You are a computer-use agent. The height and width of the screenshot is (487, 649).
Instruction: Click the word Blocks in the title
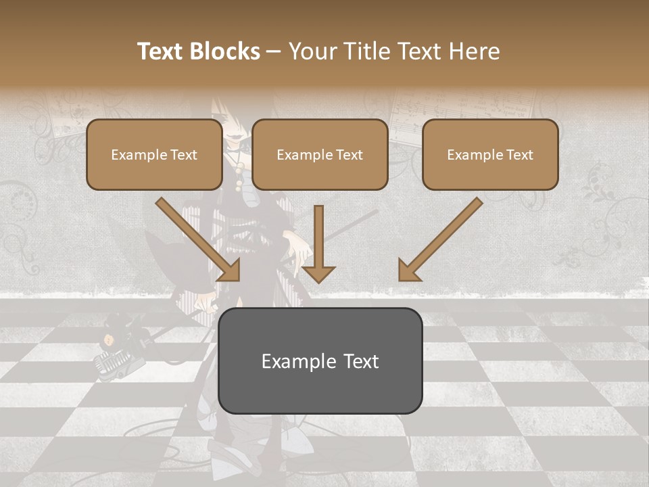(x=226, y=51)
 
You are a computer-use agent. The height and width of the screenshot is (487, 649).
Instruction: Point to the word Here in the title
(x=473, y=51)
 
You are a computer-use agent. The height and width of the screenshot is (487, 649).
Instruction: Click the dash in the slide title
(x=274, y=52)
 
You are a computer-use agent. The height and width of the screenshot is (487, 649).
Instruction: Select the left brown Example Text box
(x=154, y=155)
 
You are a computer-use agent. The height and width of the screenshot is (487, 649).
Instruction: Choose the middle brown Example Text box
(x=320, y=155)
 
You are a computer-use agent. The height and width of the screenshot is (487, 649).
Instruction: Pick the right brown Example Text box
(x=490, y=155)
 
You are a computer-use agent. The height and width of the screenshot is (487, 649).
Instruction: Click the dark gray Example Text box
(x=320, y=361)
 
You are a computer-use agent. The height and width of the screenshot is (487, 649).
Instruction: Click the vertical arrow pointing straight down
(x=318, y=243)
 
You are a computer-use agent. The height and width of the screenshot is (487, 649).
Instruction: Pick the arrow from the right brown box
(x=441, y=238)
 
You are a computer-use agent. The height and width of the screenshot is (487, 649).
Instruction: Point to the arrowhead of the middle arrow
(x=318, y=273)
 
